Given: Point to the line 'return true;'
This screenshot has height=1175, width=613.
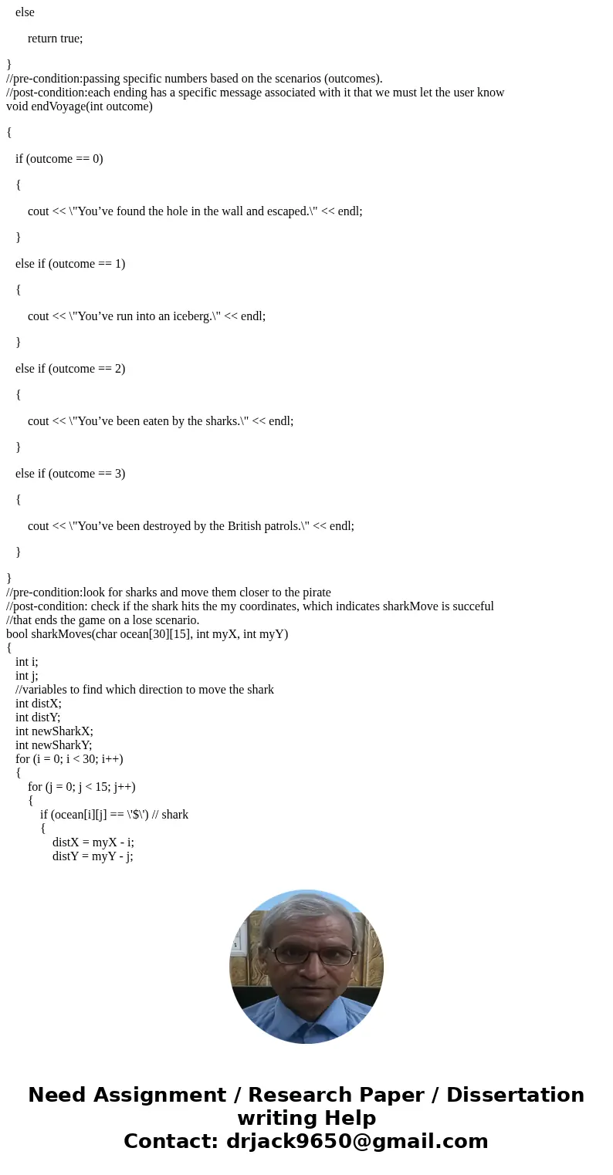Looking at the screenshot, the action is coord(55,39).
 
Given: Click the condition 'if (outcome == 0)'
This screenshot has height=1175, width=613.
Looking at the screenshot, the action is coord(59,159).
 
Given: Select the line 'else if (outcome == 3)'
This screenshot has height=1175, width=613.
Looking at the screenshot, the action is coord(69,474).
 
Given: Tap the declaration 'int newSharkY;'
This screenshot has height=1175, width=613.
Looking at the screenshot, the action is coord(53,745).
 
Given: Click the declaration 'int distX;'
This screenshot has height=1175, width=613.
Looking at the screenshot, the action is coord(38,704).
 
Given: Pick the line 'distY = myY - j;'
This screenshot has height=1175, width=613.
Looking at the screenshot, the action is coord(93,856).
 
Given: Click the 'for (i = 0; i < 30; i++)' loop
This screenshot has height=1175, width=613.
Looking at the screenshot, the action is coord(69,759).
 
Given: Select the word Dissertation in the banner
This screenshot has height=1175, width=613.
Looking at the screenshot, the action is coord(515,1096).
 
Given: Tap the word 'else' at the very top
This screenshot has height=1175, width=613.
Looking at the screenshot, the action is coord(25,12).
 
